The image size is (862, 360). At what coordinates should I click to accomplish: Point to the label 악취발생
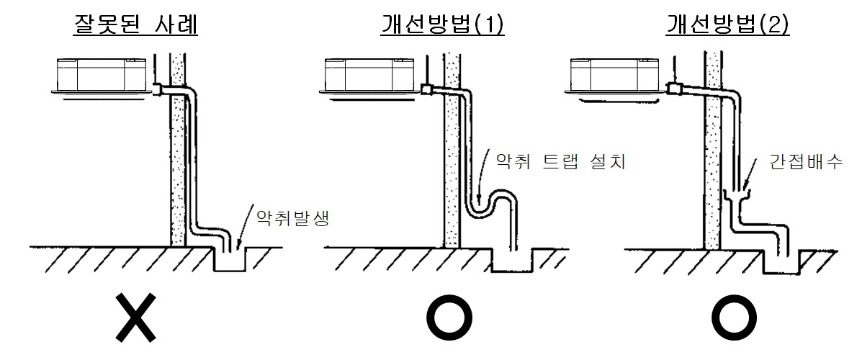[287, 217]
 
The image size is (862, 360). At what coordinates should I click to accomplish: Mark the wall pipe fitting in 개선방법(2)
[675, 89]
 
